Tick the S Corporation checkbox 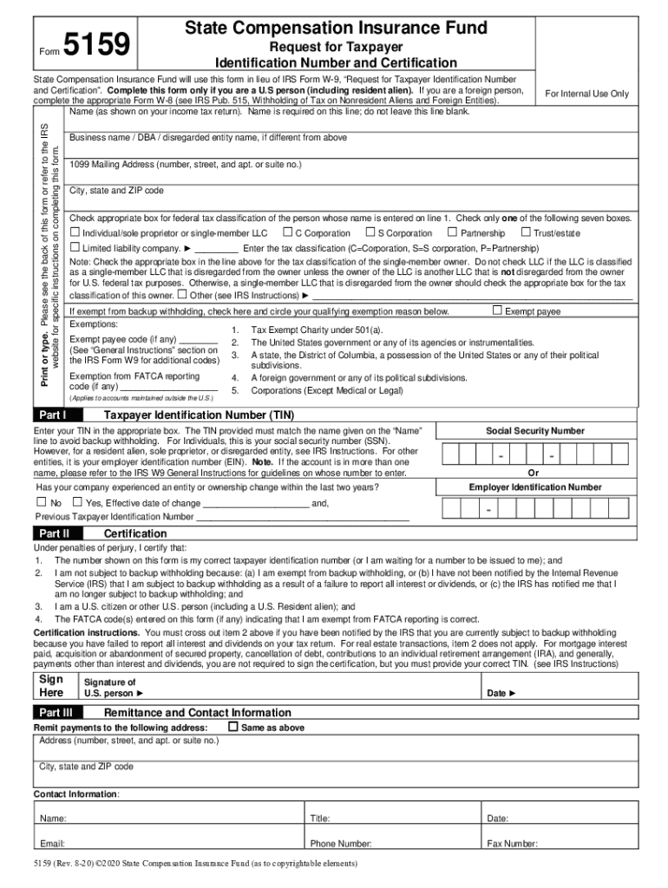(x=370, y=232)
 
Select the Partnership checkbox (x=452, y=232)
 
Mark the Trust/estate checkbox (x=525, y=232)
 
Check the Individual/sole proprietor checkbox (x=75, y=232)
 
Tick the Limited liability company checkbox (x=75, y=247)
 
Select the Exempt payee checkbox (x=497, y=310)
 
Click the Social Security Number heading (x=534, y=431)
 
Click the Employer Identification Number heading (x=534, y=487)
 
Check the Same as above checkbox (x=232, y=727)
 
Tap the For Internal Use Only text (x=586, y=94)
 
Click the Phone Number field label (x=341, y=844)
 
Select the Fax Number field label (x=512, y=844)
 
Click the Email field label (x=52, y=844)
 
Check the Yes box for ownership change (x=76, y=502)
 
